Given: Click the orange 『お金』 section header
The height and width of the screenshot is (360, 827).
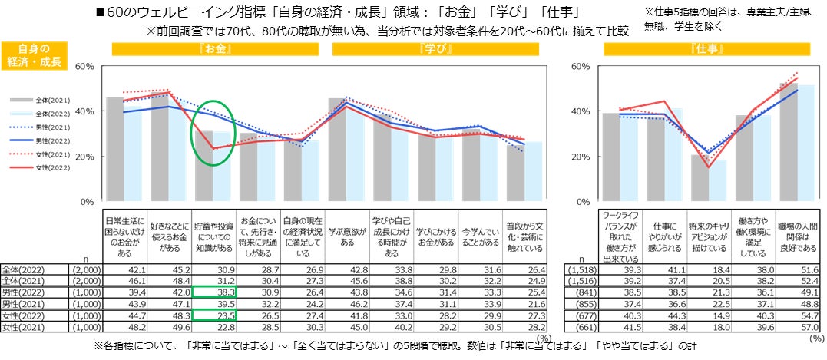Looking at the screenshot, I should (x=215, y=49).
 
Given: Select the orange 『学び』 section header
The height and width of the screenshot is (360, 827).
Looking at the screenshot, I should (x=435, y=49).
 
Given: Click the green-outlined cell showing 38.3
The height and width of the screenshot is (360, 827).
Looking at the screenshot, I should (x=215, y=292).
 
